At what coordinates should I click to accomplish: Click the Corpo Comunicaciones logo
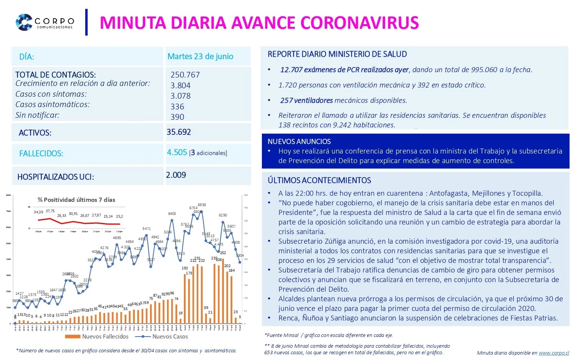pos(45,22)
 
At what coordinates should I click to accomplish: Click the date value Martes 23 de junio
pos(200,56)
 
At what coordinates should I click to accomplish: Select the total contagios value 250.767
pos(185,75)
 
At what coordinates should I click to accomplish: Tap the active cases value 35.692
pos(179,132)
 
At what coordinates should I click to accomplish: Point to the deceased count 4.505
pos(177,152)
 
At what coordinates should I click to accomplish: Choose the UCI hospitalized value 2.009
pos(176,175)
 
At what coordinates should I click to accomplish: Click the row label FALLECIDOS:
pos(41,154)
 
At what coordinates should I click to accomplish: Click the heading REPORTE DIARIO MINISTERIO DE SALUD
pos(337,54)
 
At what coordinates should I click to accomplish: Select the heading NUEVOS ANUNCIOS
pos(299,141)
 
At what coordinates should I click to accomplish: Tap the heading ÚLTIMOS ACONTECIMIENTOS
pos(319,180)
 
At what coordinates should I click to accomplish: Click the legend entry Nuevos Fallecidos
pos(105,337)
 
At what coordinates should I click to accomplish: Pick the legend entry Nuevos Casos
pos(170,337)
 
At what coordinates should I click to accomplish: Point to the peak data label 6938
pos(202,205)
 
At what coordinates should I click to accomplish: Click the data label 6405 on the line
pos(172,214)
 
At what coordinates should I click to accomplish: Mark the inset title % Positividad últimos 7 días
pos(76,200)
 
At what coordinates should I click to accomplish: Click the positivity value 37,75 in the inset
pos(50,211)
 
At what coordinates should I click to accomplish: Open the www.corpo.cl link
pos(554,353)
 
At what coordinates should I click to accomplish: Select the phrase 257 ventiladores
pos(306,101)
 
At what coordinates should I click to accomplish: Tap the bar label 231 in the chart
pos(197,258)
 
